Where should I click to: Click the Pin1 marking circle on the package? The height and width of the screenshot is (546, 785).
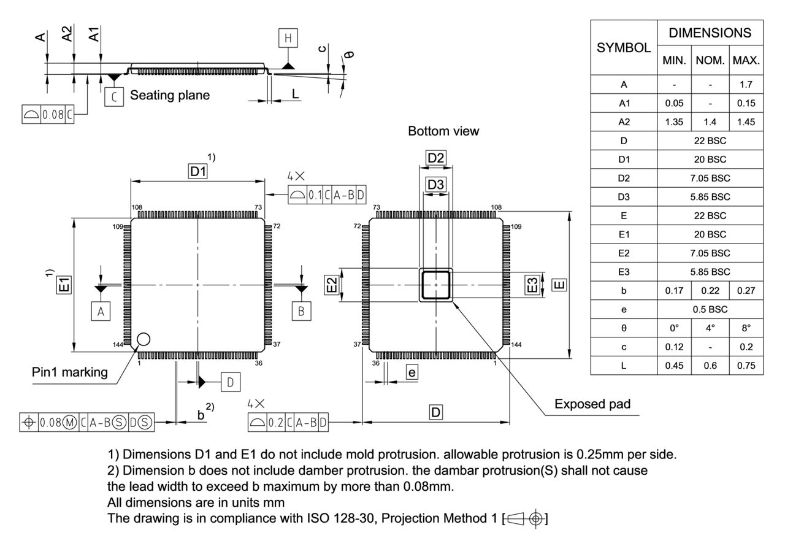click(x=144, y=338)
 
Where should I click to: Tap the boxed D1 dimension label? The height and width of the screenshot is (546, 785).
click(x=197, y=172)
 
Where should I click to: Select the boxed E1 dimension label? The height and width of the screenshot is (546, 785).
click(x=65, y=285)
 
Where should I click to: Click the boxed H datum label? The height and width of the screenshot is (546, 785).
click(x=287, y=39)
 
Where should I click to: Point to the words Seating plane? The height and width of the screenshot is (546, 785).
click(x=170, y=96)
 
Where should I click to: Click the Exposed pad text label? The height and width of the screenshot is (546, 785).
click(x=592, y=404)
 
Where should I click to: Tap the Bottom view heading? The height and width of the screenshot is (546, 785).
click(x=443, y=131)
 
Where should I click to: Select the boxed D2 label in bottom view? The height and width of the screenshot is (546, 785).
click(x=436, y=158)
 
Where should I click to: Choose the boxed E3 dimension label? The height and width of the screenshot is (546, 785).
click(x=533, y=285)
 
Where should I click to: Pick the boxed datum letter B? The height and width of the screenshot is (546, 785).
click(x=301, y=312)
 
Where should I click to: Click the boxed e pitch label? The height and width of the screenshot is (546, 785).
click(x=412, y=372)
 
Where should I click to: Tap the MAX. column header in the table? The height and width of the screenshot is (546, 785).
click(x=746, y=61)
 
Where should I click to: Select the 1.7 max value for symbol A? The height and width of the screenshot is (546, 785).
click(x=746, y=84)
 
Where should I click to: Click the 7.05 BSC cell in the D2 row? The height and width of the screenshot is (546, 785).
click(x=710, y=178)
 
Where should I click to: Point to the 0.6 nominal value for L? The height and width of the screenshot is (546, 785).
click(x=710, y=366)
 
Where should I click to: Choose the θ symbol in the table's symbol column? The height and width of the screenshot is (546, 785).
click(x=624, y=328)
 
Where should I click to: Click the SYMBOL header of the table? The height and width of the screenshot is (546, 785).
click(x=624, y=47)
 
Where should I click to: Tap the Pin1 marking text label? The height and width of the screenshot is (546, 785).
click(x=70, y=372)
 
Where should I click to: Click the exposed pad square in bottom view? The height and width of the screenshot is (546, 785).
click(x=436, y=285)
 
